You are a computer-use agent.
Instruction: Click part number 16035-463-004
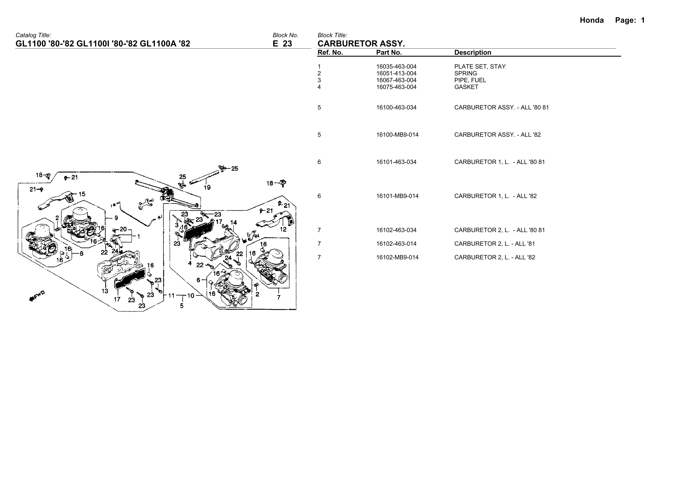[396, 67]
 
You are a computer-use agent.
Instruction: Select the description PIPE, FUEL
[470, 80]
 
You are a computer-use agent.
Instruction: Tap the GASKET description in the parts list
[466, 87]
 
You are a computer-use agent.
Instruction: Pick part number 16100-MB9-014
[397, 135]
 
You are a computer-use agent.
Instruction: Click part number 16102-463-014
[396, 244]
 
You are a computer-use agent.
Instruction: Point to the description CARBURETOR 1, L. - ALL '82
[495, 196]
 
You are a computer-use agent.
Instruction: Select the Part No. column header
[389, 53]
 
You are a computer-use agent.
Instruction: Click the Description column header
[472, 53]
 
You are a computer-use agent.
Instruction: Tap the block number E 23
[282, 44]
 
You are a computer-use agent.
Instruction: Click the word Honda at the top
[592, 20]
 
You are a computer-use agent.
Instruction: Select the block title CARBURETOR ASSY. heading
[361, 44]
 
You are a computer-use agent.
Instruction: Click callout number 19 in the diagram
[207, 187]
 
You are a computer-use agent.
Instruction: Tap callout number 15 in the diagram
[82, 194]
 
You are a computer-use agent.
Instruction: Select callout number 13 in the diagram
[105, 291]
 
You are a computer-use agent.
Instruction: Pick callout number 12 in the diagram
[283, 229]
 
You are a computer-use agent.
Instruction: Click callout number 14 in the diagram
[233, 222]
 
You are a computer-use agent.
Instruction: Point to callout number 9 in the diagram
[116, 218]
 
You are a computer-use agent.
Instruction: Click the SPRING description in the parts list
[466, 73]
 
